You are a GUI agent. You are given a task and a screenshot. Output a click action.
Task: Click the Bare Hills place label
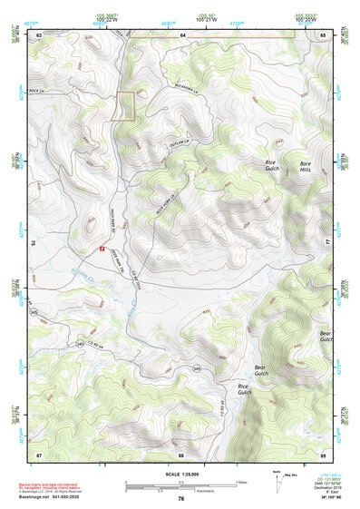[x=312, y=168]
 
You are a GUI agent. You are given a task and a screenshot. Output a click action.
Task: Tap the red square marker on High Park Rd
[x=102, y=247]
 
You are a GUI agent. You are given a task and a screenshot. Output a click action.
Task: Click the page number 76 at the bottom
[x=181, y=499]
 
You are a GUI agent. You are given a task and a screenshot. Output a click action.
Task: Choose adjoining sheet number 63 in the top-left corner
[x=39, y=34]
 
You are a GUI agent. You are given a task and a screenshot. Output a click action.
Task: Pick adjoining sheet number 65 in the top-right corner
[x=323, y=34]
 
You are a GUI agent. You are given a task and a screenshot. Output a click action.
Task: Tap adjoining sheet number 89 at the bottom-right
[x=323, y=454]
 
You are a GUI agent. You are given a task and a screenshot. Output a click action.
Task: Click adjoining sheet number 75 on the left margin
[x=33, y=243]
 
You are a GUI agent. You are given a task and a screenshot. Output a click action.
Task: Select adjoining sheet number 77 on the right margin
[x=328, y=243]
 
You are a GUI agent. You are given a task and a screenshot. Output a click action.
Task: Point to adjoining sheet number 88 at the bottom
[x=181, y=454]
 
